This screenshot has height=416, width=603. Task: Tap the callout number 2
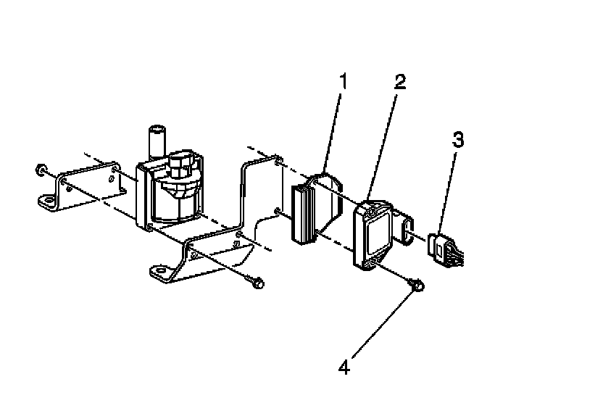tap(400, 82)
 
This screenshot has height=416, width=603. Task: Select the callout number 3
tap(458, 139)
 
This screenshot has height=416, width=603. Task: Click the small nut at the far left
tap(40, 171)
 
